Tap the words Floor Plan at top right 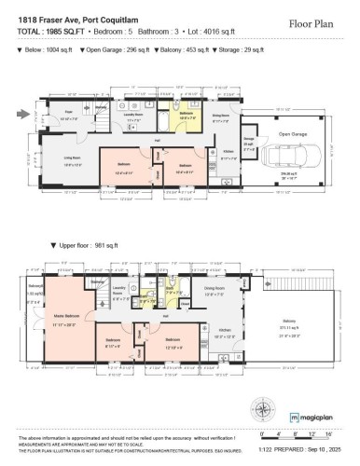312,21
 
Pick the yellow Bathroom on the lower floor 187,117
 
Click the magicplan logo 313,416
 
